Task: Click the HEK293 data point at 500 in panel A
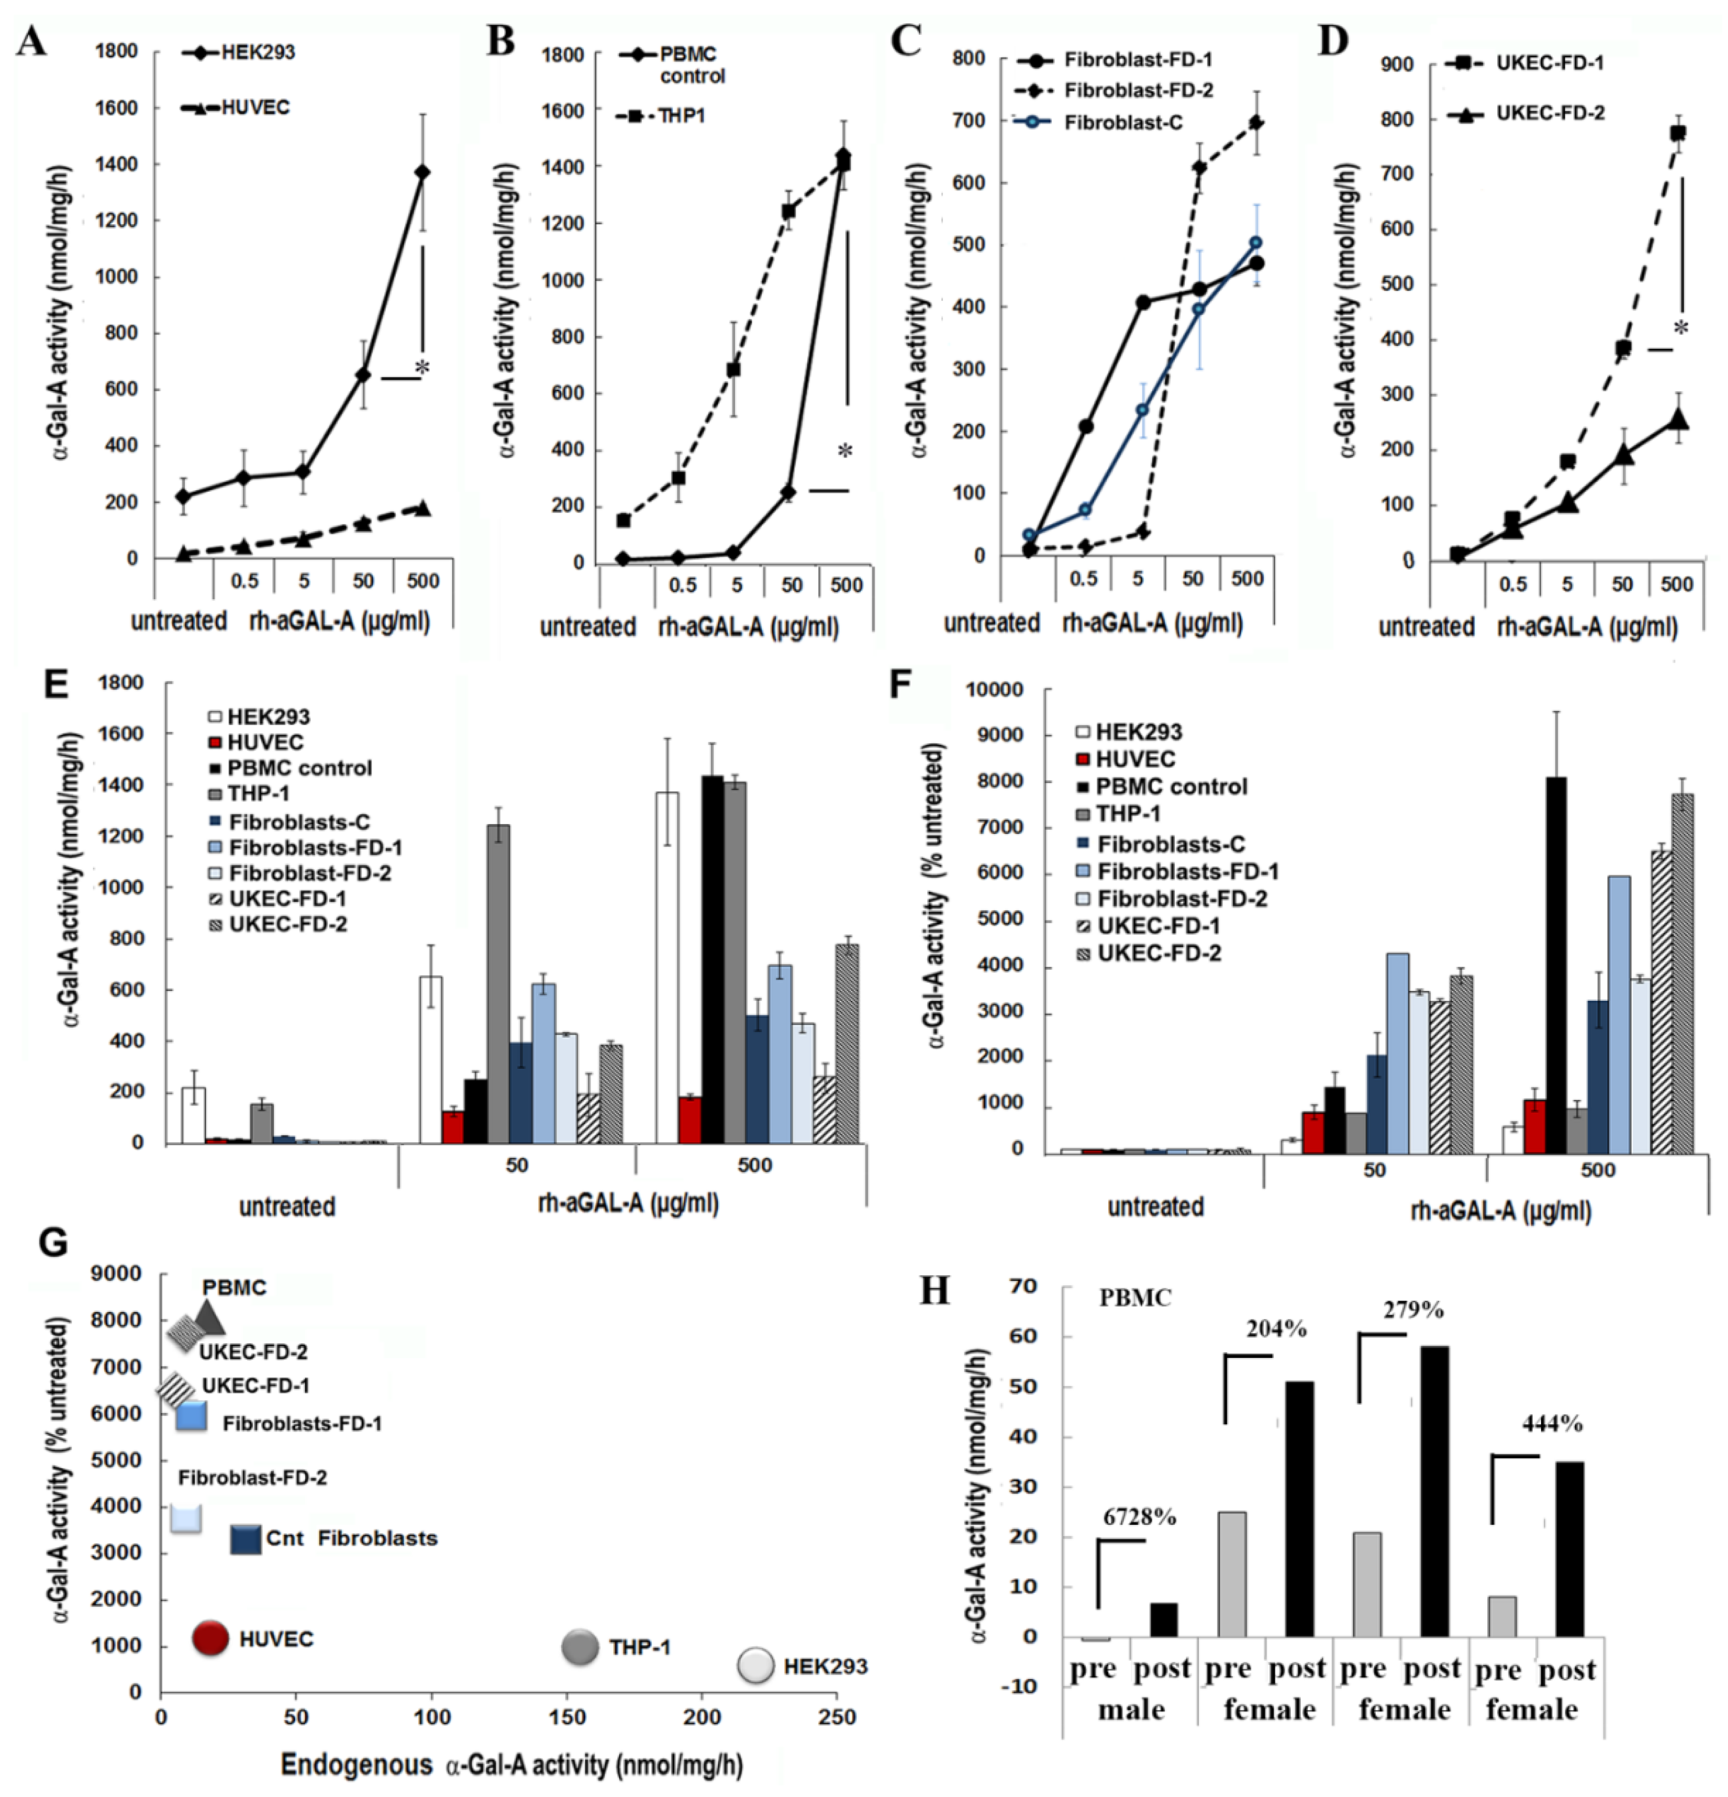tap(422, 172)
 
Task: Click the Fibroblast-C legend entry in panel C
tap(1123, 123)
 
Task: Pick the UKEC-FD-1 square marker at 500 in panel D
tap(1677, 133)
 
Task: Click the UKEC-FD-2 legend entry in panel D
tap(1550, 114)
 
